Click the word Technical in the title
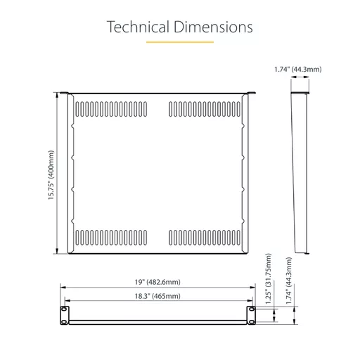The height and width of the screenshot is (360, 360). pyautogui.click(x=138, y=27)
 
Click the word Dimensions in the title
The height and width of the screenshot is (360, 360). pyautogui.click(x=213, y=27)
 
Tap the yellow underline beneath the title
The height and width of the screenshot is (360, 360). pyautogui.click(x=180, y=42)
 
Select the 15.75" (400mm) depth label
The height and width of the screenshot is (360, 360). pyautogui.click(x=51, y=175)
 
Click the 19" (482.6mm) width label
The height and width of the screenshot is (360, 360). pyautogui.click(x=157, y=282)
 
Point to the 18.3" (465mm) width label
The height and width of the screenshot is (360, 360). pyautogui.click(x=157, y=296)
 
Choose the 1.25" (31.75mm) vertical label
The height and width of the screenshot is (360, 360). pyautogui.click(x=269, y=278)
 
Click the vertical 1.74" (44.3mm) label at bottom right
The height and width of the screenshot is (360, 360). pyautogui.click(x=289, y=281)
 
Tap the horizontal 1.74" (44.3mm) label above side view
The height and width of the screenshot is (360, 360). pyautogui.click(x=298, y=70)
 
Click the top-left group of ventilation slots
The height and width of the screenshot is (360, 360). pyautogui.click(x=111, y=109)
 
